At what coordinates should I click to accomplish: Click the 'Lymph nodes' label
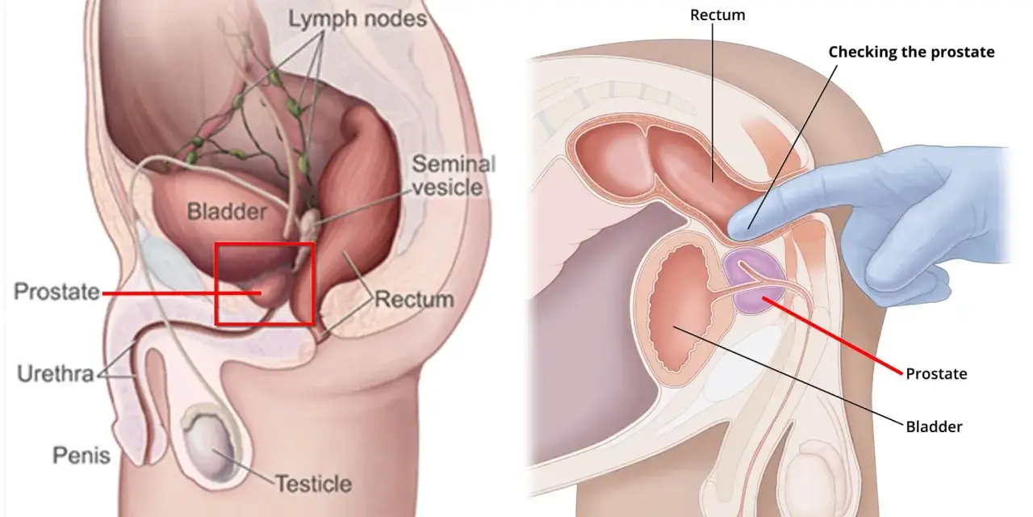point(358,19)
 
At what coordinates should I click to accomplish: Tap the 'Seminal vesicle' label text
point(454,175)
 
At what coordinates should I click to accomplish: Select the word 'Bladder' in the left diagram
point(227,212)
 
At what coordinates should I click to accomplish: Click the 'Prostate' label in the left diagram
point(56,292)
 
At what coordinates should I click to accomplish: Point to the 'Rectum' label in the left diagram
point(414,300)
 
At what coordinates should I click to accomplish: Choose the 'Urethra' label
point(56,373)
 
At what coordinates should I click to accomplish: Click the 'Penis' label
point(82,455)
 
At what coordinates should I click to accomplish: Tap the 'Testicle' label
point(314,484)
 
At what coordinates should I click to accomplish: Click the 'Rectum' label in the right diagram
point(717,15)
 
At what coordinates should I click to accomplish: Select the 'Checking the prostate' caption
point(911,53)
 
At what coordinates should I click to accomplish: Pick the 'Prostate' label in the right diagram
point(936,373)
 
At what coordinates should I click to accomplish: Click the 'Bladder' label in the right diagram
point(934,427)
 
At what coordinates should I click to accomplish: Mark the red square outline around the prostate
point(215,284)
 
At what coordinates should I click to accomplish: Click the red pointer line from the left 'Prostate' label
point(182,292)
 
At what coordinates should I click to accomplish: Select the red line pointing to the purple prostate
point(832,335)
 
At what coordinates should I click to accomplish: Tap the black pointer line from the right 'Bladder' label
point(788,376)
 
